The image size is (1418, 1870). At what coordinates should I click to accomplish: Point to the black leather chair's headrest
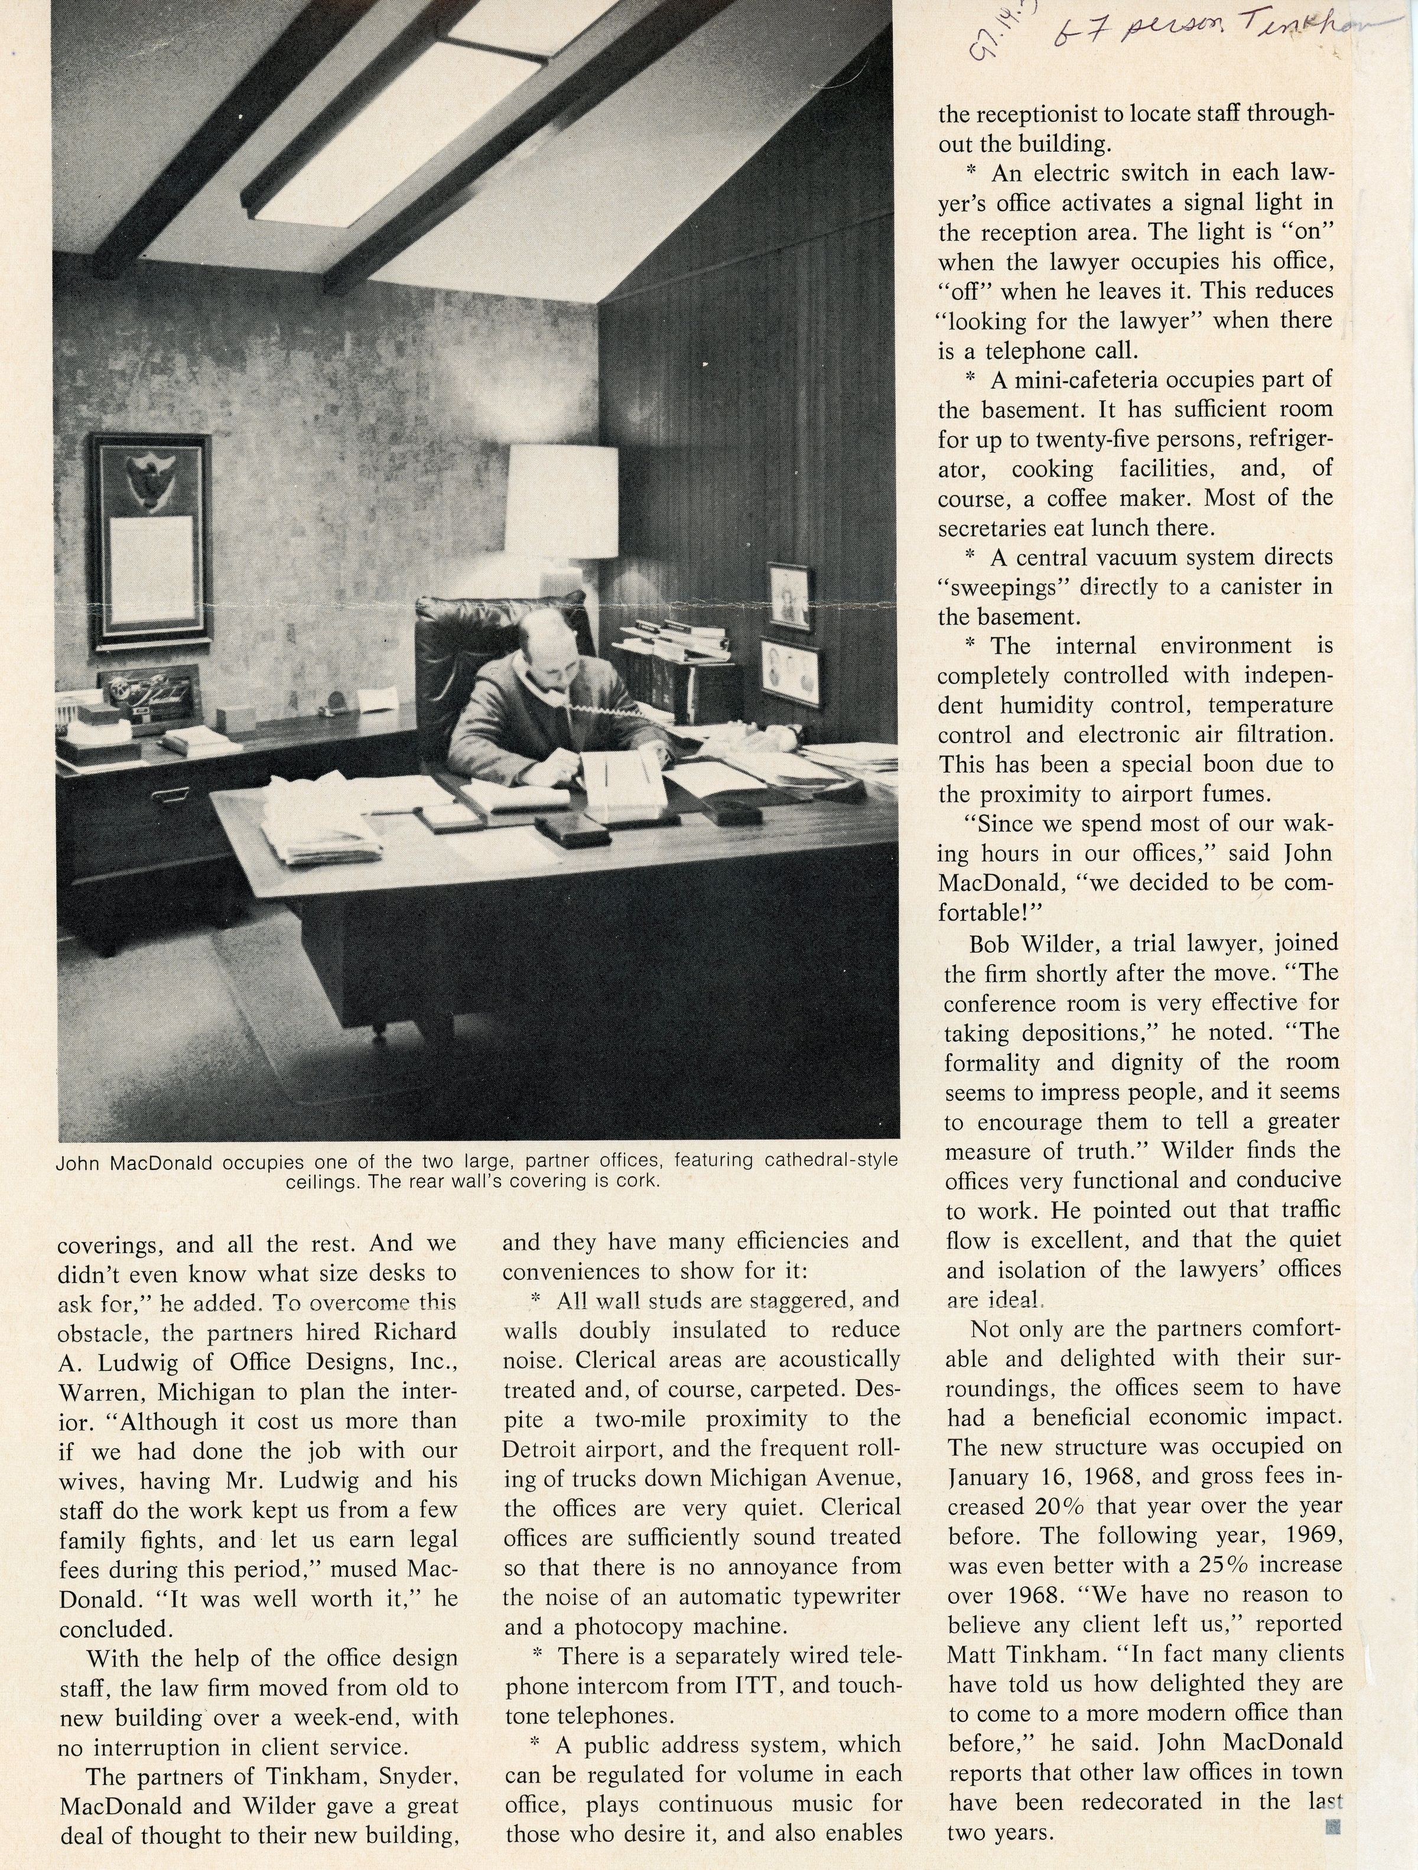coord(473,622)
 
